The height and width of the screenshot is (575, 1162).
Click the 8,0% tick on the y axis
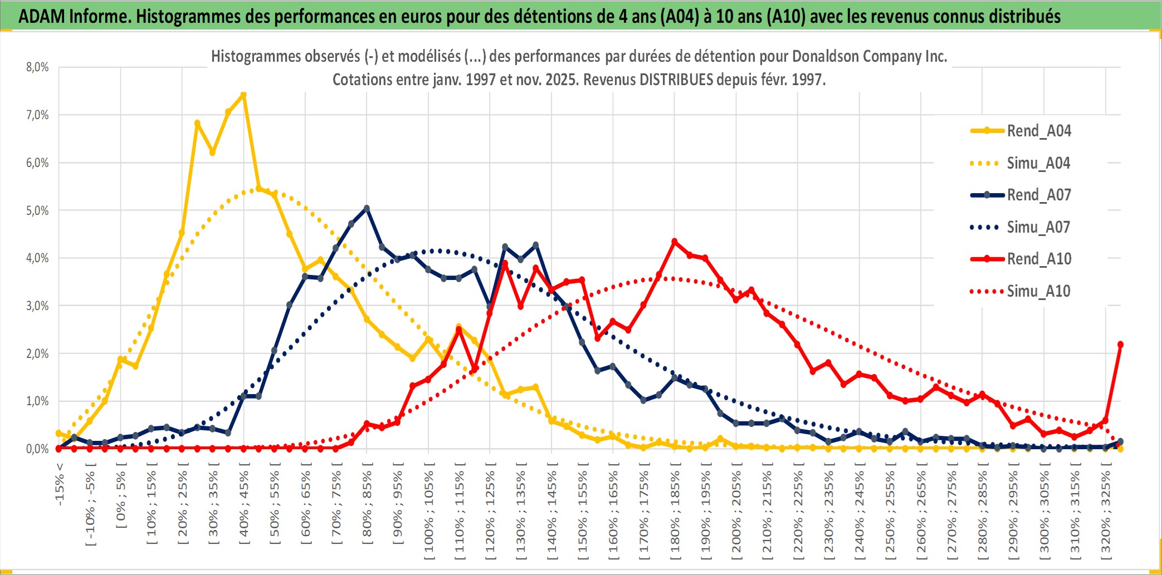point(37,67)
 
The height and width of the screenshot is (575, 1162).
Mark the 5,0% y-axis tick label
point(37,210)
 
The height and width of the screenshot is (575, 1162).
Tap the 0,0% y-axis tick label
point(37,449)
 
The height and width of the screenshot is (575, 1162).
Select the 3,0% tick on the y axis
point(37,306)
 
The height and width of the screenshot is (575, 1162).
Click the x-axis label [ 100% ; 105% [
point(429,515)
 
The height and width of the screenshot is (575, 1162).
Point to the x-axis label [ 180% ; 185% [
point(675,515)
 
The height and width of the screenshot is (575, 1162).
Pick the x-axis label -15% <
point(60,484)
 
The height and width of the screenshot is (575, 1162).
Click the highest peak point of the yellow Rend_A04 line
point(243,95)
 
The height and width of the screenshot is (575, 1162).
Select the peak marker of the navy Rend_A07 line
point(367,208)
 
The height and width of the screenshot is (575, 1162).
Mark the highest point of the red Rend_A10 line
point(675,242)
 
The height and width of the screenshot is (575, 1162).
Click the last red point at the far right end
point(1120,345)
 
